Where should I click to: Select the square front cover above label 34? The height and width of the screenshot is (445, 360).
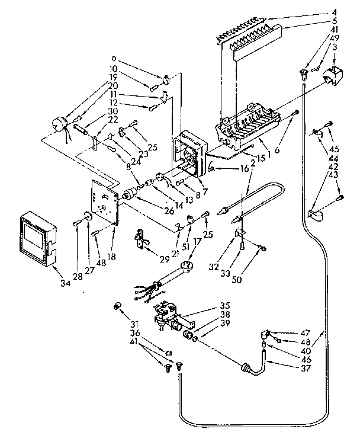[x=36, y=235]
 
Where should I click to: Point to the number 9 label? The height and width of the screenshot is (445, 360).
[x=114, y=59]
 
